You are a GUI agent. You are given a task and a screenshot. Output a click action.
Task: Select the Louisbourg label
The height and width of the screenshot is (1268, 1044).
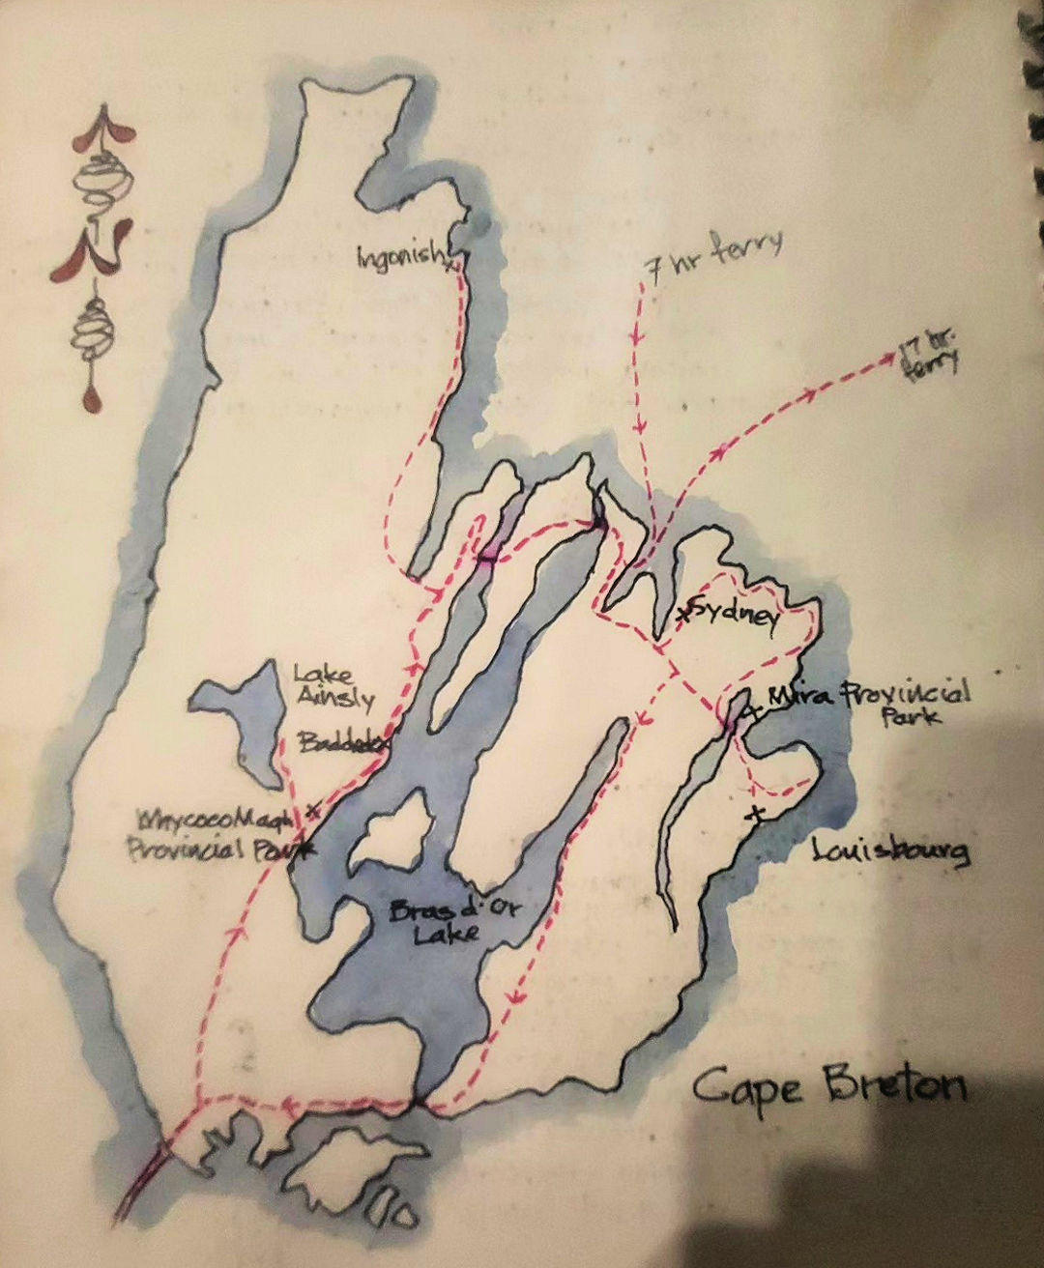pos(889,852)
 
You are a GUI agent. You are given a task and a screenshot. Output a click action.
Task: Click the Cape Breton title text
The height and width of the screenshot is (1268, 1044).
pos(829,1086)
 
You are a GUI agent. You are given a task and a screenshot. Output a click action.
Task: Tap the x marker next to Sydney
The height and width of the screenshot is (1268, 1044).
pos(685,613)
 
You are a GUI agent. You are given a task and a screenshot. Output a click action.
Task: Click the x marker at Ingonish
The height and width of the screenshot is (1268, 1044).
pos(450,266)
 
